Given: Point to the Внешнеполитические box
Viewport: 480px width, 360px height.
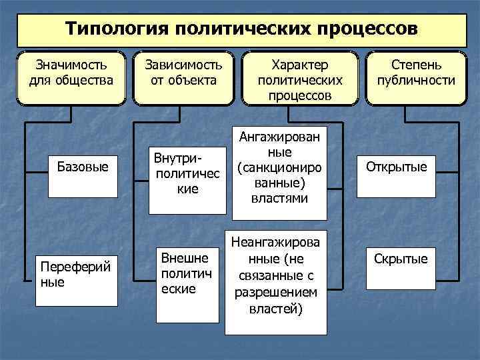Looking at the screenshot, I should tap(187, 273).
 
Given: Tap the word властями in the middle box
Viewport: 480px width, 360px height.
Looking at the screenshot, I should tap(280, 198).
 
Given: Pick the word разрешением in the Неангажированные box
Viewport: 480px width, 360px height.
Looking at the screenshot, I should tap(276, 293).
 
